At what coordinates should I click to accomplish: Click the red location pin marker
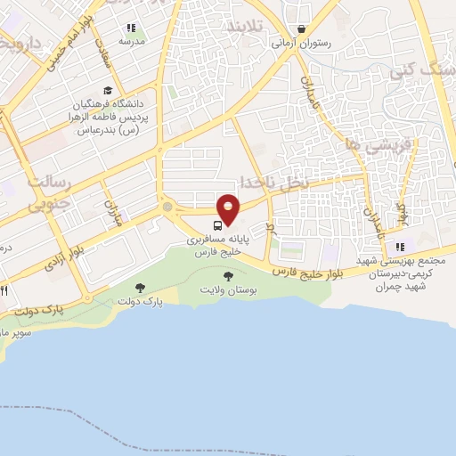click(229, 207)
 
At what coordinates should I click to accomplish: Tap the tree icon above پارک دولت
click(140, 287)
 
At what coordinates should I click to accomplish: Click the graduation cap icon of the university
click(108, 91)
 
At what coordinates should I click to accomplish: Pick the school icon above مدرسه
click(131, 28)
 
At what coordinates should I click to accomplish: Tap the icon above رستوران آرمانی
click(303, 28)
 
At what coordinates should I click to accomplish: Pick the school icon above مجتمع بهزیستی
click(400, 247)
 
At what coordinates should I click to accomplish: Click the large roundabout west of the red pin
click(167, 208)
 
